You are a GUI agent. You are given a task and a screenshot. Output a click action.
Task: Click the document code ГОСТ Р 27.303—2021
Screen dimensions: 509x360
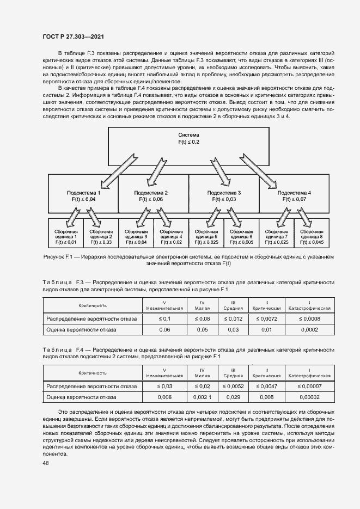73,36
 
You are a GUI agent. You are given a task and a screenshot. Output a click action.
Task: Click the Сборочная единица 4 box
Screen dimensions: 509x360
171,235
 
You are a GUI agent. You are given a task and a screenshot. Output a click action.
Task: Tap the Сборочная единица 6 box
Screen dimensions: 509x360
241,235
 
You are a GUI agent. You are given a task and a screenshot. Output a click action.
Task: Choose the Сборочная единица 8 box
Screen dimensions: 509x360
312,235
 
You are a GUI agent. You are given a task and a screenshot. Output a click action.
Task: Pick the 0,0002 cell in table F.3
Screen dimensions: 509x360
310,330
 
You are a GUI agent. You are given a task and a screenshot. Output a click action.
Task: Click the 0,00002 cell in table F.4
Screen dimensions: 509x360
310,397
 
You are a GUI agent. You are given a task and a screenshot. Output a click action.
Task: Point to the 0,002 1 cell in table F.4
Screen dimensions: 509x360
202,397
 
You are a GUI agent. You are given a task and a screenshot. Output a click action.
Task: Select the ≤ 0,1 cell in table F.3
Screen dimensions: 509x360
164,318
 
